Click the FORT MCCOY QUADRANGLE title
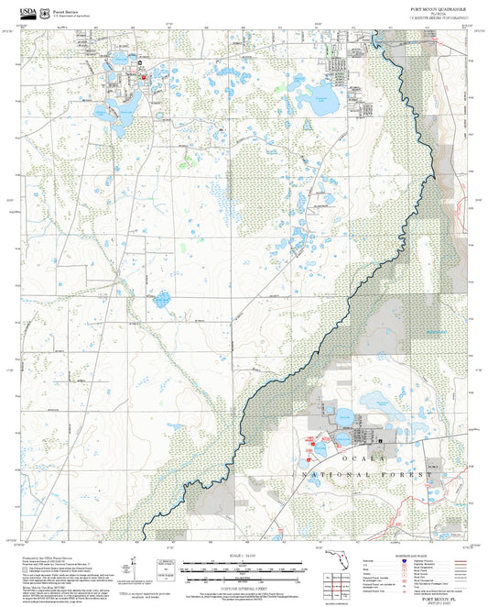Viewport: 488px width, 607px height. [438, 7]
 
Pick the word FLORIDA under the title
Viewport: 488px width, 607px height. [439, 13]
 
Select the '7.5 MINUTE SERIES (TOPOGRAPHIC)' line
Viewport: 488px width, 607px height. [438, 18]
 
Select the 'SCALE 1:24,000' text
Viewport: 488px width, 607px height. [242, 557]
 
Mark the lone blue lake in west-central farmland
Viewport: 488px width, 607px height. [163, 299]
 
